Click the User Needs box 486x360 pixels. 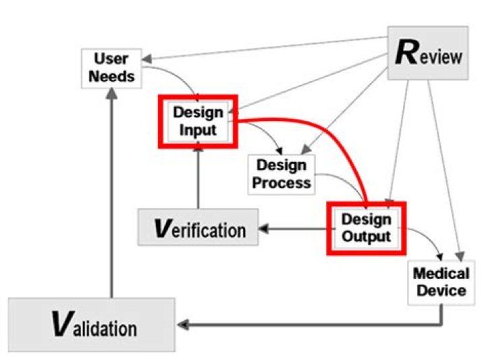(111, 68)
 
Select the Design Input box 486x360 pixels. (198, 122)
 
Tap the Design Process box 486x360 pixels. (281, 174)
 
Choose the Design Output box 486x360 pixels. (367, 228)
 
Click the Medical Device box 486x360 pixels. (441, 282)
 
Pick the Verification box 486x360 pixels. (198, 228)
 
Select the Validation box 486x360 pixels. (92, 325)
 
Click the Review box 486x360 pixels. (428, 53)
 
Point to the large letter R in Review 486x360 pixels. (407, 53)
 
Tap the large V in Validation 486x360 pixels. (63, 324)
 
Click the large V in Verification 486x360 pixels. (162, 228)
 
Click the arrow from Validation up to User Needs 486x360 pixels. (111, 193)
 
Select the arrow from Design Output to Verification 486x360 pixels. (292, 229)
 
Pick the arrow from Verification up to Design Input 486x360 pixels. (198, 178)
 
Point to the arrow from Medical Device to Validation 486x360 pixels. (310, 325)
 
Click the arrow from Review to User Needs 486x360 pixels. (265, 48)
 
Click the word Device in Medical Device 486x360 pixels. (441, 291)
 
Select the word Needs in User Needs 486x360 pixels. (111, 76)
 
